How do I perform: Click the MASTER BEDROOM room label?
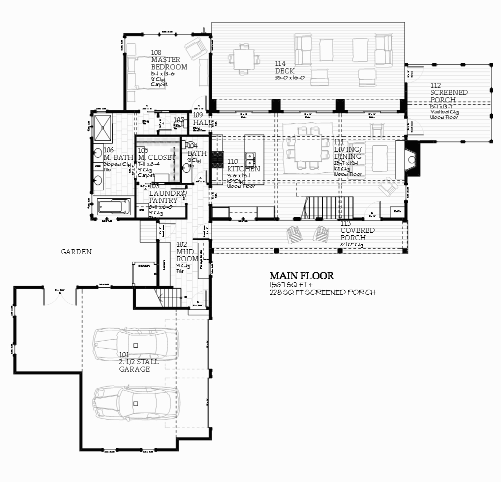(x=169, y=63)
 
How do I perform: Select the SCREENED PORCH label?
(x=449, y=95)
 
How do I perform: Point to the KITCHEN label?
(x=243, y=165)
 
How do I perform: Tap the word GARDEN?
(x=76, y=252)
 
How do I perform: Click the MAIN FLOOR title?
(x=301, y=276)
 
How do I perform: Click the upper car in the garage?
(x=135, y=344)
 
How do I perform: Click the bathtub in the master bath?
(x=112, y=207)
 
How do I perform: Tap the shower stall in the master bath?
(x=104, y=128)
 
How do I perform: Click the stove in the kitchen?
(x=216, y=159)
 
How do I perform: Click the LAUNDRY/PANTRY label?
(x=167, y=197)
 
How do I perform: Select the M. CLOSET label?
(x=157, y=157)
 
